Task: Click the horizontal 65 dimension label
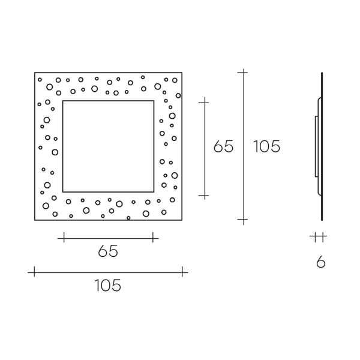108,251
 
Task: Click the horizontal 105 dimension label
107,286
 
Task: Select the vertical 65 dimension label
223,146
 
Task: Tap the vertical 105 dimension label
266,146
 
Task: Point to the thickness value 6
321,262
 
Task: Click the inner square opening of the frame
108,146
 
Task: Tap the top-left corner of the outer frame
35,73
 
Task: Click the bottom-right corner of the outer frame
182,220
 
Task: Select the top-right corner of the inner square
154,101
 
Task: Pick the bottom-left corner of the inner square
63,192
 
